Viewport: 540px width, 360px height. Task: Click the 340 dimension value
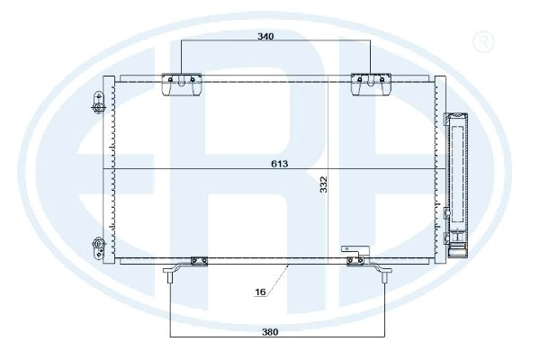pyautogui.click(x=265, y=36)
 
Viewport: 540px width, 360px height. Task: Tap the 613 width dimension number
pyautogui.click(x=279, y=164)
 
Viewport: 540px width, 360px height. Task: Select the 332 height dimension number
pyautogui.click(x=323, y=184)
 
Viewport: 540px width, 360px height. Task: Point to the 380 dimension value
pyautogui.click(x=270, y=332)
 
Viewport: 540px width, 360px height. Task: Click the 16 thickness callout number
pyautogui.click(x=260, y=292)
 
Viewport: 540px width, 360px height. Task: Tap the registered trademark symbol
pyautogui.click(x=484, y=42)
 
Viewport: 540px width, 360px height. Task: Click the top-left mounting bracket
pyautogui.click(x=182, y=84)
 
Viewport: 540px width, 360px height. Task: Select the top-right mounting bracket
pyautogui.click(x=371, y=84)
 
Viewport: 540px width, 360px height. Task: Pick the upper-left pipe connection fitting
pyautogui.click(x=98, y=103)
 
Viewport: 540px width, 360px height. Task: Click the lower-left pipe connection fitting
pyautogui.click(x=98, y=247)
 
